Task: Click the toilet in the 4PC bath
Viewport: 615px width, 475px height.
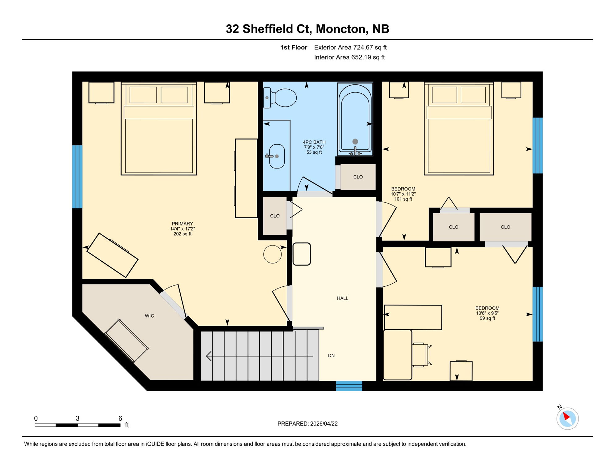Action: tap(282, 98)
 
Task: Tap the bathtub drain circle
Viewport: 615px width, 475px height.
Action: tap(355, 141)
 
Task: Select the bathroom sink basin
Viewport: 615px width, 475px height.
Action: tap(277, 156)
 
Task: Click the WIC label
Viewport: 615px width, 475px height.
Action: tap(149, 316)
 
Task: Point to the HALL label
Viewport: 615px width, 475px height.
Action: tap(342, 298)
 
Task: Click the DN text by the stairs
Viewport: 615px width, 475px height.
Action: tap(331, 355)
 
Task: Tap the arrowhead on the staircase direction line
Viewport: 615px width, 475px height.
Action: tap(209, 356)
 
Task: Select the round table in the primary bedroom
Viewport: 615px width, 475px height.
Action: tap(272, 254)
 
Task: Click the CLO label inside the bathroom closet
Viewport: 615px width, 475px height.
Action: tap(358, 177)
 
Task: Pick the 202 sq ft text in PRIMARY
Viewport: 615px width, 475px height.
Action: tap(182, 234)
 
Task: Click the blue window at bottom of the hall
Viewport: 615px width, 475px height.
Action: tap(349, 386)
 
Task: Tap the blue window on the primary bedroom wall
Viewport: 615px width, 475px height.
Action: tap(77, 177)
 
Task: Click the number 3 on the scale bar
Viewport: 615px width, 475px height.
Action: tap(77, 418)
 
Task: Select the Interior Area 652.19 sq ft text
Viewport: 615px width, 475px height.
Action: tap(349, 57)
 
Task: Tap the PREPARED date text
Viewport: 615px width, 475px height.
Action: tap(307, 424)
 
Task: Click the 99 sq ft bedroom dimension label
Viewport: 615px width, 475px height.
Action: tap(487, 318)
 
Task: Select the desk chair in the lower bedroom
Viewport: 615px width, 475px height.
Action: tap(421, 354)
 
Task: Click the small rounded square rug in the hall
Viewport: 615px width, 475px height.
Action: tap(302, 254)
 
